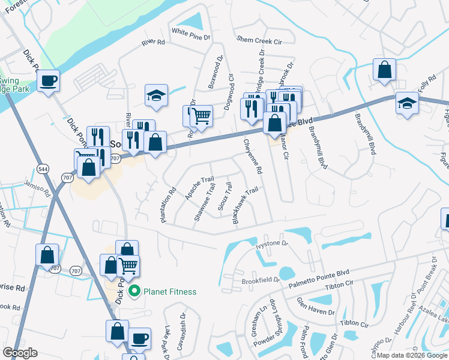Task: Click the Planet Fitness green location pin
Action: [134, 292]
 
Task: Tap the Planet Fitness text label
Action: [169, 292]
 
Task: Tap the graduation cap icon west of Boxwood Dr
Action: [156, 95]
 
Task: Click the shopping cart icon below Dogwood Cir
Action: [202, 115]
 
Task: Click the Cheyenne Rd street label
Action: [252, 157]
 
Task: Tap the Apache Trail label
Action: [199, 188]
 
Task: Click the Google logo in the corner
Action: [20, 353]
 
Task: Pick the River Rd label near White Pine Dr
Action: [153, 43]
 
